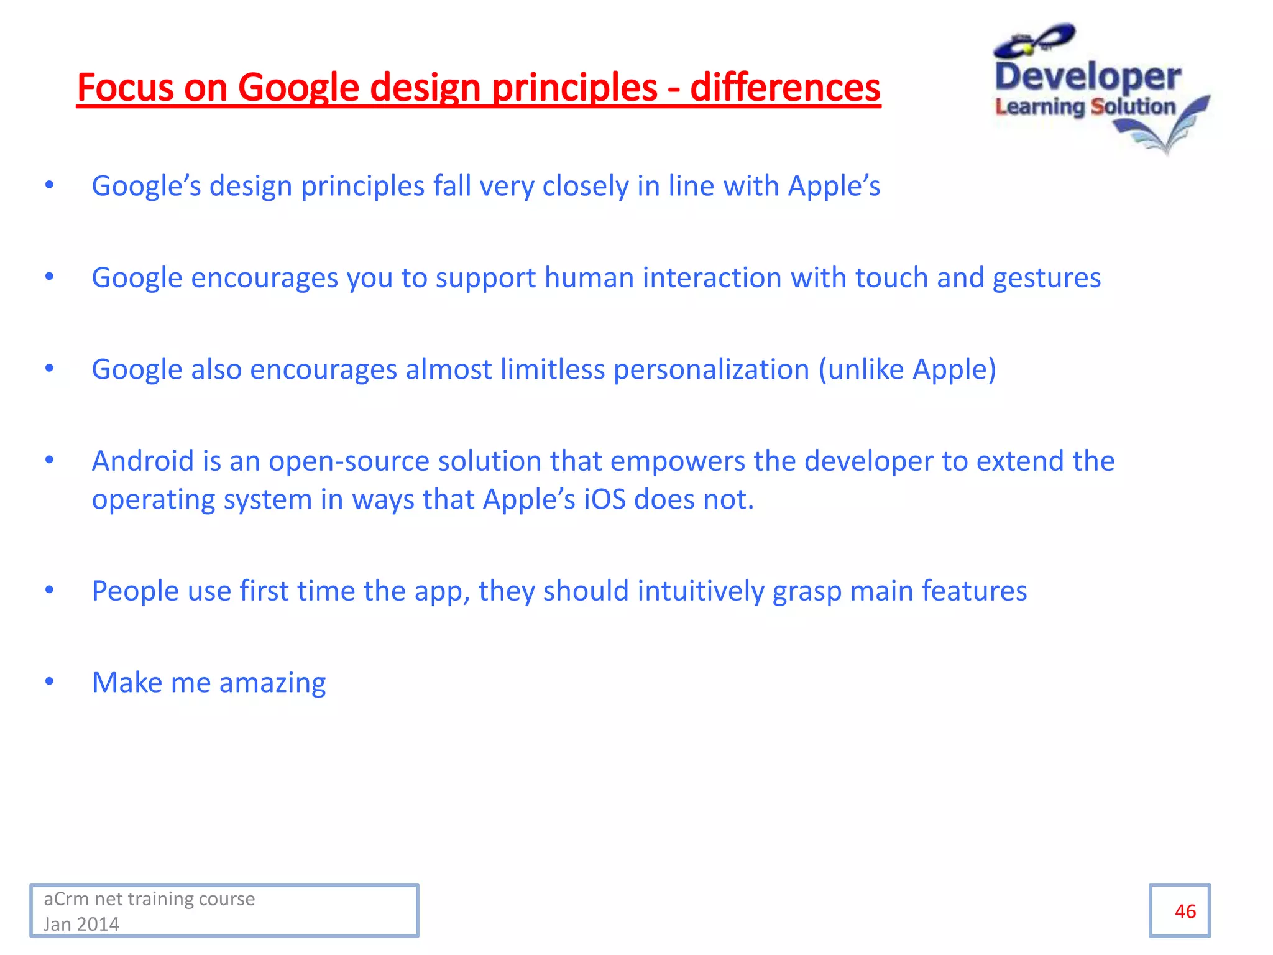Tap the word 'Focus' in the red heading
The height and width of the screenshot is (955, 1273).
point(125,87)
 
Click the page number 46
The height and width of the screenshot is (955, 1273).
point(1185,911)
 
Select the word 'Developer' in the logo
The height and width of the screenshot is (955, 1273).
point(1087,77)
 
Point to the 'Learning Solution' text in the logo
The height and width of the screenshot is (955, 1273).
point(1085,107)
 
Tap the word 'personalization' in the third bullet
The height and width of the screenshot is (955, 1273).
point(711,370)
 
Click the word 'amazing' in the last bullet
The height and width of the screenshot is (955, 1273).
point(272,683)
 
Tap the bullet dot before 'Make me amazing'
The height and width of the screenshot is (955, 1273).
point(50,681)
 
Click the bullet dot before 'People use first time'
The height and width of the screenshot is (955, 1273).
point(50,589)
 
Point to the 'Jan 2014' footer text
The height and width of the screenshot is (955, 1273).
point(81,924)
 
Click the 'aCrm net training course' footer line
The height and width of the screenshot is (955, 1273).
point(149,899)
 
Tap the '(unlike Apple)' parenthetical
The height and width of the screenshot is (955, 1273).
point(907,370)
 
